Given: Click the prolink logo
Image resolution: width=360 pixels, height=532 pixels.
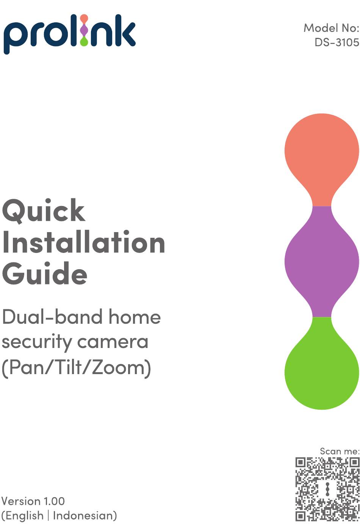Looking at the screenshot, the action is click(x=69, y=34).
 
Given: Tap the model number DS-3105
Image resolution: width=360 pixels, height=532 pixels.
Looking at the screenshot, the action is click(x=337, y=42).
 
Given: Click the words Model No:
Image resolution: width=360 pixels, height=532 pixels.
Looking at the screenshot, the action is click(x=331, y=28).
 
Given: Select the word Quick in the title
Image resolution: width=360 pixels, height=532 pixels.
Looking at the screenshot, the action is click(x=44, y=211).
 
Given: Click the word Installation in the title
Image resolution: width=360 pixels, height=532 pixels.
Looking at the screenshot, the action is click(x=83, y=242).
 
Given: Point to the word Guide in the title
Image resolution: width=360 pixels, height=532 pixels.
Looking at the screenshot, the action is click(x=45, y=273).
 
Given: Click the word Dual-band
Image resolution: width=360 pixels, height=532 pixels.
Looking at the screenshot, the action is click(x=52, y=317).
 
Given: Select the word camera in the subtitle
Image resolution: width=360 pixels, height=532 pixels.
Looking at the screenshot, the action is click(x=113, y=342).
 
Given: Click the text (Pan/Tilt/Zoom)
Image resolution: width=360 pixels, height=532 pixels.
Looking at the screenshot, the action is click(x=76, y=368).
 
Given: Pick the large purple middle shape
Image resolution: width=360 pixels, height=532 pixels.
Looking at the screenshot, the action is click(x=322, y=262).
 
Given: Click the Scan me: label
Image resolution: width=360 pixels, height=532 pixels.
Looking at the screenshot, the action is click(x=340, y=451).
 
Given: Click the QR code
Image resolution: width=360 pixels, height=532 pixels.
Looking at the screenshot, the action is click(x=327, y=489).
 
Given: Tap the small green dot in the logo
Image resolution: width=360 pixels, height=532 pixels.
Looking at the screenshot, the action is click(x=84, y=41).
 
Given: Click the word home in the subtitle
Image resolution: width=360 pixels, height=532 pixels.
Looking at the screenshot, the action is click(x=135, y=317).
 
